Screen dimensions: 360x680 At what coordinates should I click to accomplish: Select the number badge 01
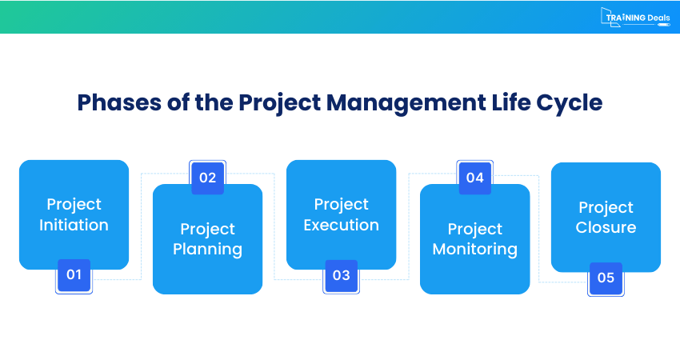tap(74, 275)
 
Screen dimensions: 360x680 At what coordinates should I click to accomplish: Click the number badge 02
tap(207, 178)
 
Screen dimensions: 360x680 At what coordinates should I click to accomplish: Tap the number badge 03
tap(341, 275)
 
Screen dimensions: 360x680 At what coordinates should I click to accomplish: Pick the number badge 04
tap(474, 178)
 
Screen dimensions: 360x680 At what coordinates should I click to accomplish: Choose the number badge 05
tap(606, 278)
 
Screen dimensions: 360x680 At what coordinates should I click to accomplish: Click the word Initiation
tap(74, 225)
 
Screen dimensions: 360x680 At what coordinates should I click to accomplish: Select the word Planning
tap(207, 249)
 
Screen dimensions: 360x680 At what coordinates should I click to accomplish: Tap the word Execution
tap(341, 225)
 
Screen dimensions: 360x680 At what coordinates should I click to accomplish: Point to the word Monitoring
tap(474, 249)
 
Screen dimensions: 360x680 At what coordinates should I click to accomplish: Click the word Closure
tap(606, 227)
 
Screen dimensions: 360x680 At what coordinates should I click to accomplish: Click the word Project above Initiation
tap(74, 204)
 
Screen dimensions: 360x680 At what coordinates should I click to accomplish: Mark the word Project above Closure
tap(606, 207)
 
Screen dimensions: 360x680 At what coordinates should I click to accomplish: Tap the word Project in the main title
tap(277, 103)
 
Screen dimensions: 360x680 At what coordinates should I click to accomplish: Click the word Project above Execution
tap(341, 204)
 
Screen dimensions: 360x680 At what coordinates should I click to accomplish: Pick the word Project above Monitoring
tap(474, 229)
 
